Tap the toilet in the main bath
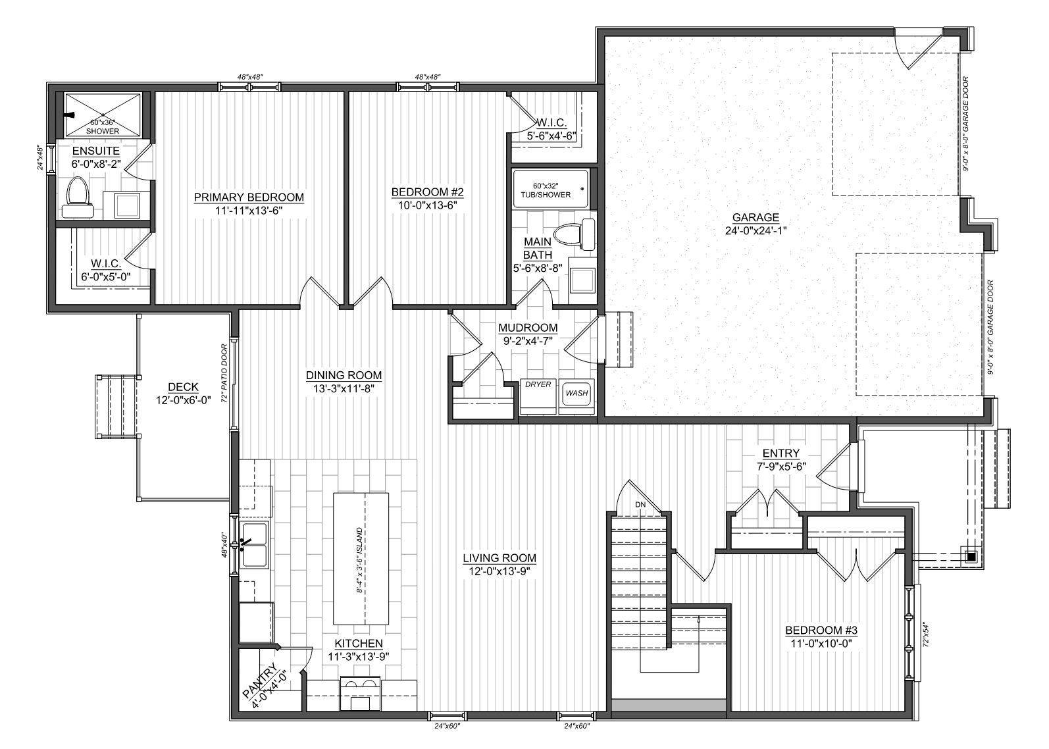pos(574,233)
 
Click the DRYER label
pos(538,384)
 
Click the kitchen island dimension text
pos(360,561)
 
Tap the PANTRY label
pos(260,681)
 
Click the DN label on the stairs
pos(640,504)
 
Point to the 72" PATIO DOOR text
pos(224,373)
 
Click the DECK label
pos(183,387)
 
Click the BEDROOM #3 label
pos(821,630)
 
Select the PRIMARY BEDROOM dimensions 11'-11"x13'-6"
pos(249,211)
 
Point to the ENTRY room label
pos(781,453)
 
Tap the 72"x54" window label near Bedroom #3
pos(924,634)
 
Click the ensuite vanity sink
pos(127,204)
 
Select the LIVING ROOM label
pos(499,558)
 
